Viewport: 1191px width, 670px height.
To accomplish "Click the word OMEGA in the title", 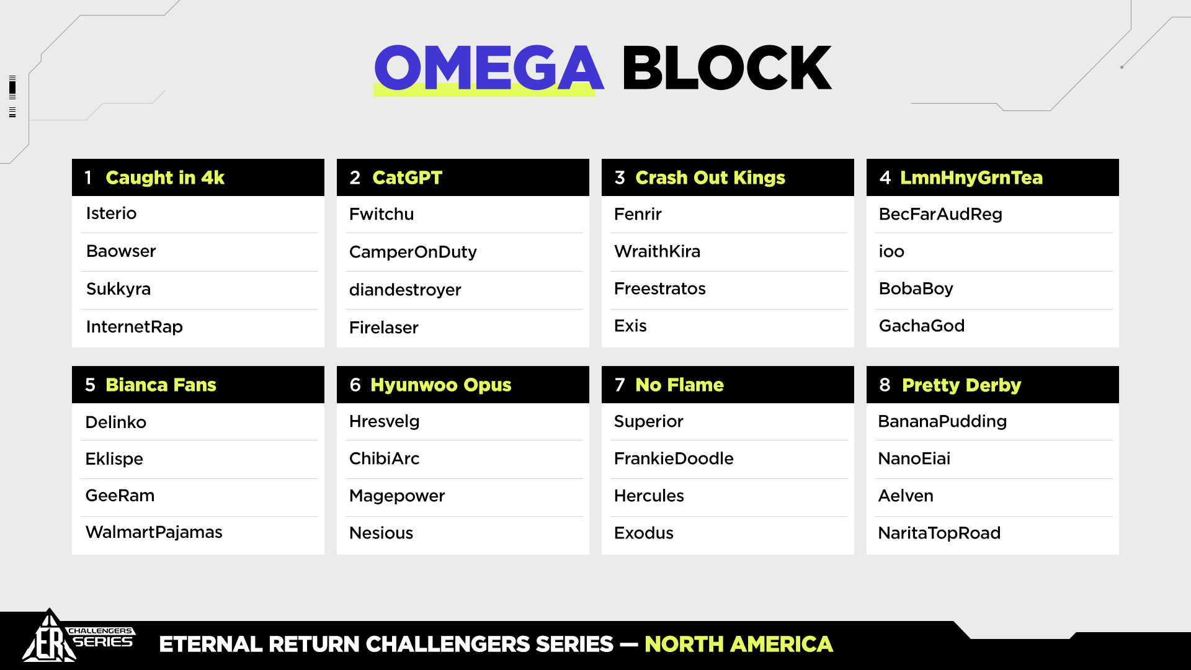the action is coord(489,68).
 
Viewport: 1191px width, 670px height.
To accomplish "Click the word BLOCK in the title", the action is coord(726,68).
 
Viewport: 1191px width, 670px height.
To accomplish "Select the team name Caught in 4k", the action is coord(165,177).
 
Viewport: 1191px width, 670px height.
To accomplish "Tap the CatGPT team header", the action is coord(407,177).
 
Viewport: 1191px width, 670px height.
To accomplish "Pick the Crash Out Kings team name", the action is coord(710,177).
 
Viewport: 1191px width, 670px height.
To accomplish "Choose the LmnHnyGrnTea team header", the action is coord(971,177).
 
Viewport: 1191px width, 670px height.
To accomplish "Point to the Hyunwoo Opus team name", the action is coord(441,385).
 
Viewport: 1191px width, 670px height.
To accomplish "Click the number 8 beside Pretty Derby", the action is coord(885,385).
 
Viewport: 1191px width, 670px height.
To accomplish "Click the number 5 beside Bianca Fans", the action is coord(90,385).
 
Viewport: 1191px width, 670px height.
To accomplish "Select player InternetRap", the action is coord(134,326).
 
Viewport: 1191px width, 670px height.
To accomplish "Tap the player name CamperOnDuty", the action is coord(413,252).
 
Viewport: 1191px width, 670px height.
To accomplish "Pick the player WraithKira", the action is coord(657,251).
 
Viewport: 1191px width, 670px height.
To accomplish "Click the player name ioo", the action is coord(891,251).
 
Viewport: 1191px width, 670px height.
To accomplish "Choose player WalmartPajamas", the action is coord(154,532).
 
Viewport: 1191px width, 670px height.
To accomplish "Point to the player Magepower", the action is coord(397,496).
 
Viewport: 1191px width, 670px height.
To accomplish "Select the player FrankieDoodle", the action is coord(674,458).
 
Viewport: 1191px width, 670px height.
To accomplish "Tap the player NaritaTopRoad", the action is coord(939,533).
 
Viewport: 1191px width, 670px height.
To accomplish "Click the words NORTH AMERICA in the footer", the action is coord(739,644).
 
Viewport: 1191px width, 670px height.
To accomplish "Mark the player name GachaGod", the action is coord(922,326).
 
